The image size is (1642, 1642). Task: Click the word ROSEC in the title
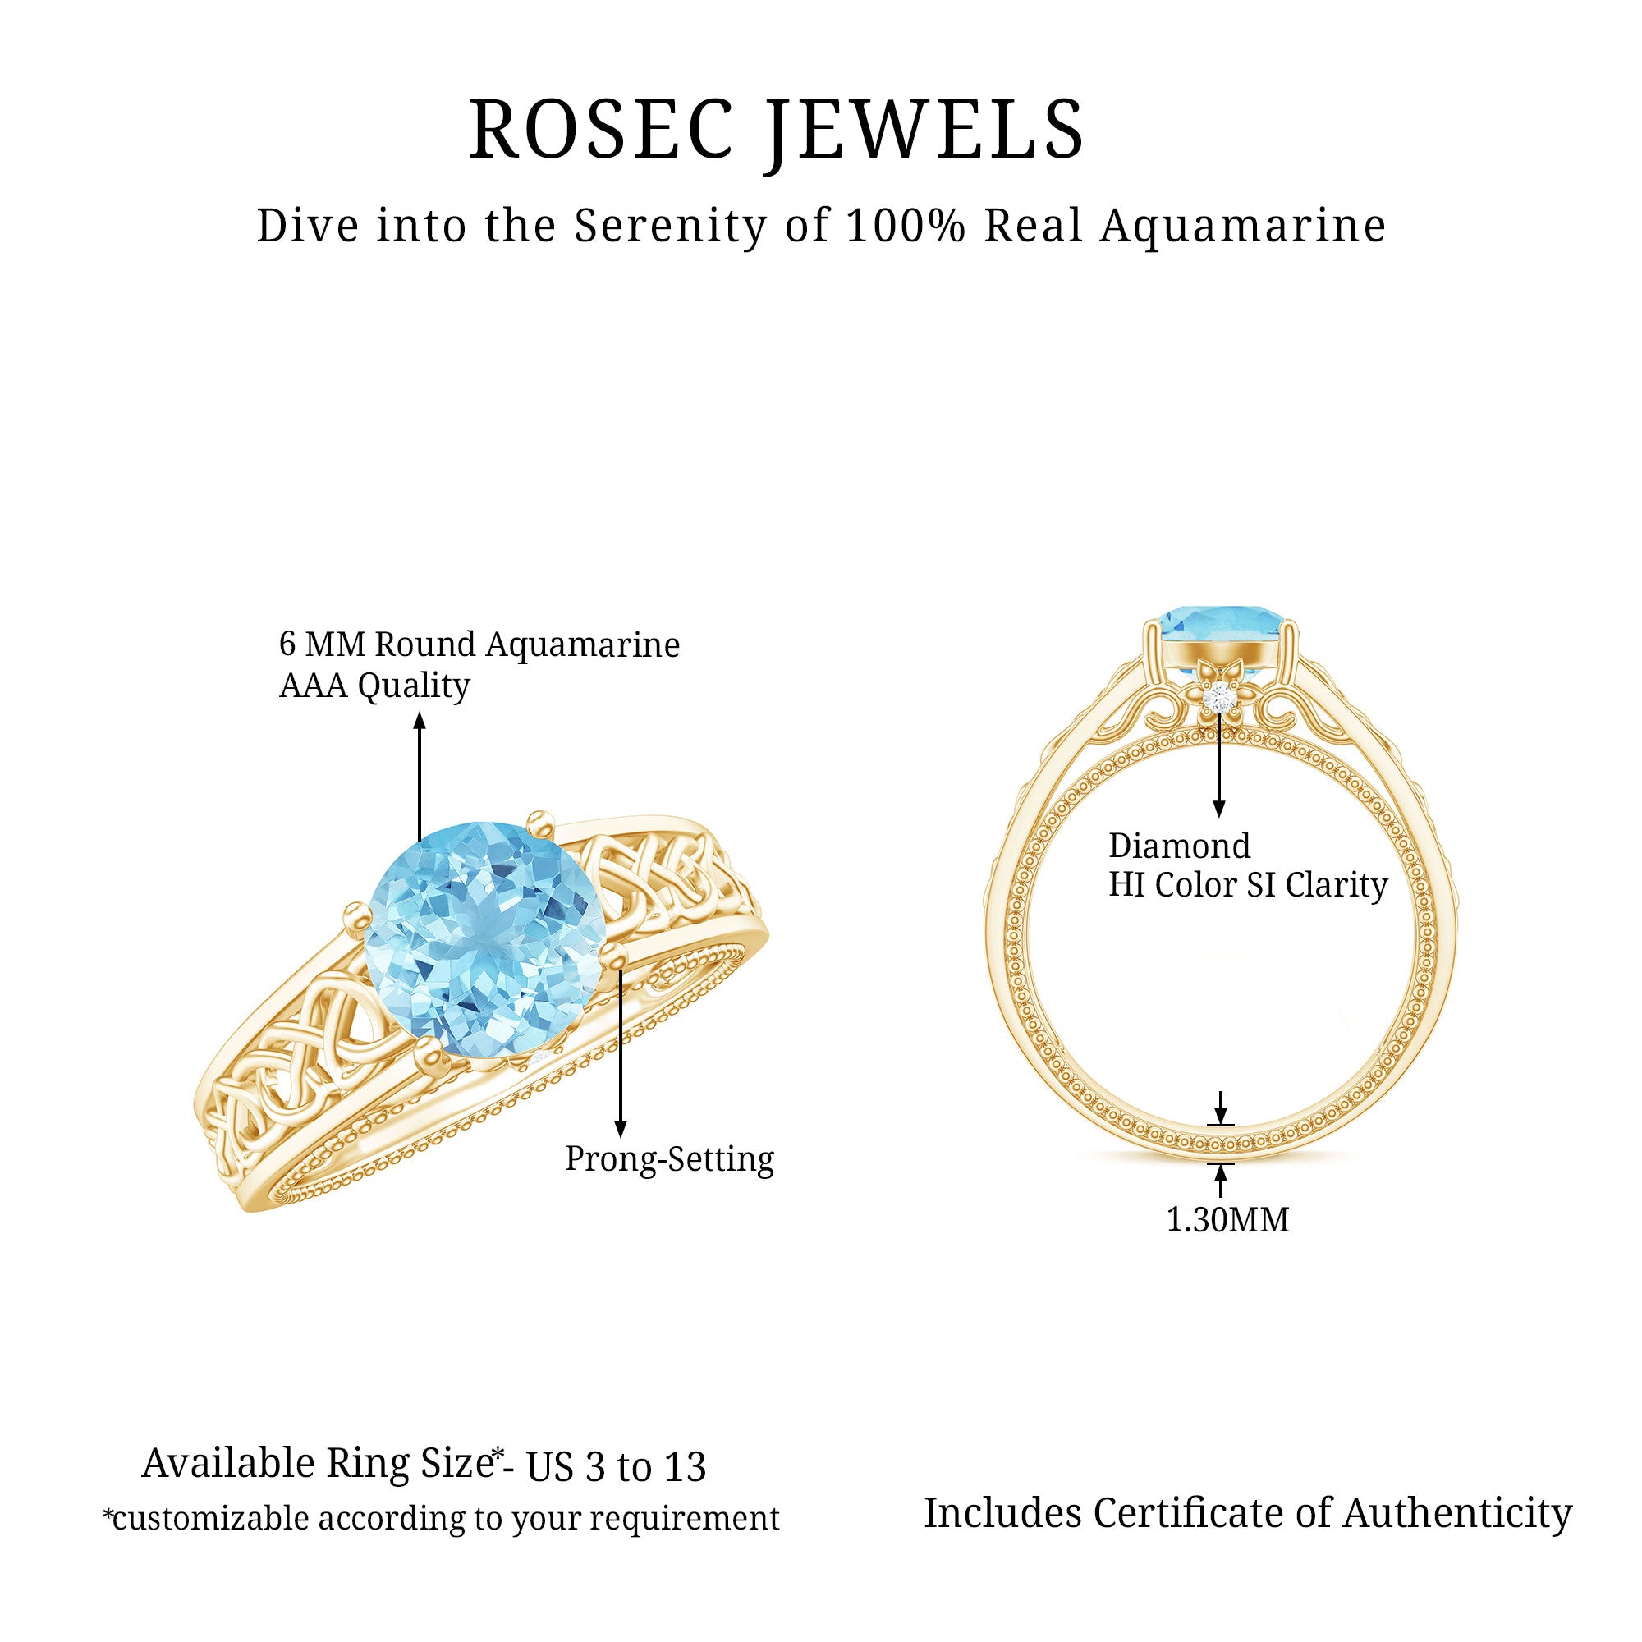[601, 129]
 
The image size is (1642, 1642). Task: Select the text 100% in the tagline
[906, 226]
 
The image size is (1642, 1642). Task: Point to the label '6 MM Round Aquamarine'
[479, 645]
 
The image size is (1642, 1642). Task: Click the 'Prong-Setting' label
[670, 1159]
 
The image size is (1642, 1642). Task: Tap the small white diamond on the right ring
[1221, 695]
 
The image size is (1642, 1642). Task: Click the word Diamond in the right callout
[1180, 846]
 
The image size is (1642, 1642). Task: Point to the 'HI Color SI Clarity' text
[1248, 886]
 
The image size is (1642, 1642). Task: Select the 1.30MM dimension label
[1227, 1221]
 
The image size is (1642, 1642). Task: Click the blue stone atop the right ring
[1221, 628]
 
